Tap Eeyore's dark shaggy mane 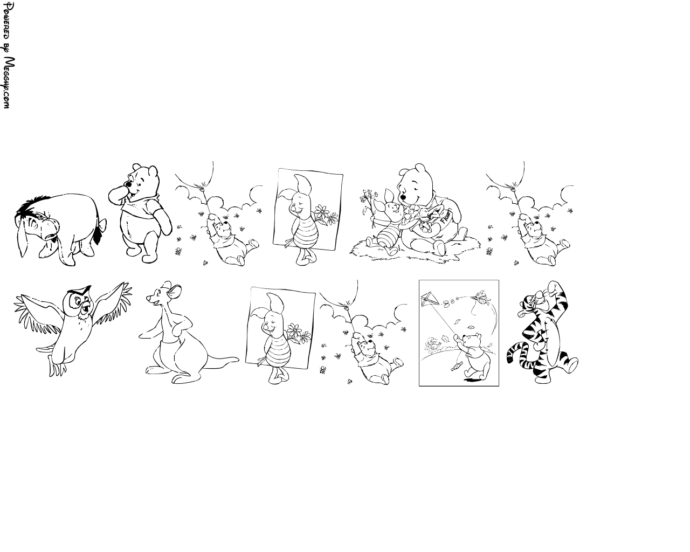(31, 206)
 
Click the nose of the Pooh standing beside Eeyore (129, 185)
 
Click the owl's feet (57, 368)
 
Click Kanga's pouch (170, 347)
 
